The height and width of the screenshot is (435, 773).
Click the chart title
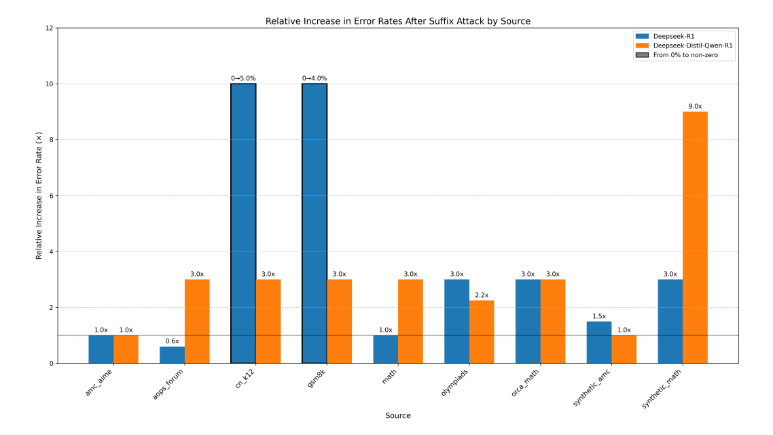click(x=397, y=21)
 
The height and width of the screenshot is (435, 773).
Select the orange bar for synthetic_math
click(x=695, y=237)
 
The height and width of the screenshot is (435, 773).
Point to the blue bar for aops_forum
click(x=172, y=355)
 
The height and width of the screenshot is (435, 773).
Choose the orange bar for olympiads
click(x=482, y=332)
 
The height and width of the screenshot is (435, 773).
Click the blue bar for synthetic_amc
click(x=599, y=343)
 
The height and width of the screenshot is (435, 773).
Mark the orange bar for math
click(x=410, y=321)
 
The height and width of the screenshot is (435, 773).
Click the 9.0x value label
click(x=695, y=106)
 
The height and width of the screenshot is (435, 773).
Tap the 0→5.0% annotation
click(x=243, y=78)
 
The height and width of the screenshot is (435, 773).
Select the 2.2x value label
click(x=482, y=295)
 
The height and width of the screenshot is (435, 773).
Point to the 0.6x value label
click(x=172, y=341)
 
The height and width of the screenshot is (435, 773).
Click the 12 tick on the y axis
click(x=48, y=29)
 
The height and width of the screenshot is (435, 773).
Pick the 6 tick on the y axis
click(x=50, y=196)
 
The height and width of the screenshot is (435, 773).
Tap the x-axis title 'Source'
click(x=397, y=415)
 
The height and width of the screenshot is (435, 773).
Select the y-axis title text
click(x=39, y=196)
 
